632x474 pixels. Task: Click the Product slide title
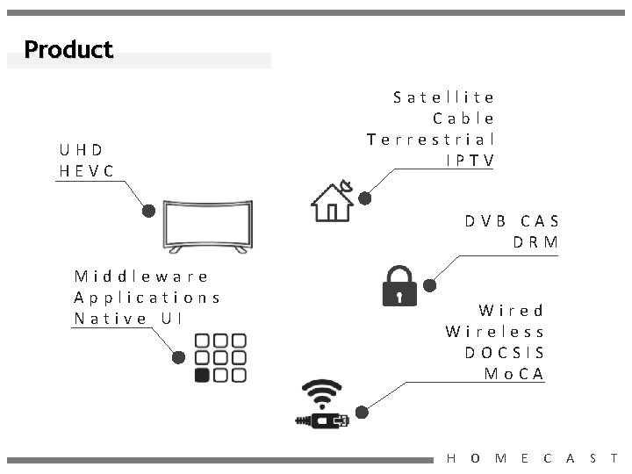click(68, 49)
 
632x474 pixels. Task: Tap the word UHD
click(82, 149)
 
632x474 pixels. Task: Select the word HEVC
click(87, 170)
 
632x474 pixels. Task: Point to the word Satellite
click(444, 97)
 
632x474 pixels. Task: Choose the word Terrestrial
click(431, 139)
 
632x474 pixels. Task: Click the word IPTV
click(470, 160)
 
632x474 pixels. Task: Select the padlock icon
click(399, 285)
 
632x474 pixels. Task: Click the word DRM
click(536, 241)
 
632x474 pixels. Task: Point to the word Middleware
click(141, 276)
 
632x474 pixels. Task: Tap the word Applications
click(147, 297)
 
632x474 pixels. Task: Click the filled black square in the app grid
click(202, 376)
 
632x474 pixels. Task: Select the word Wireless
click(495, 331)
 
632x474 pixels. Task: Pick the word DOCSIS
click(505, 352)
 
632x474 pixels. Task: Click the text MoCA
click(514, 373)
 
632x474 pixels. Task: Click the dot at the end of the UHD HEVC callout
click(149, 211)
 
